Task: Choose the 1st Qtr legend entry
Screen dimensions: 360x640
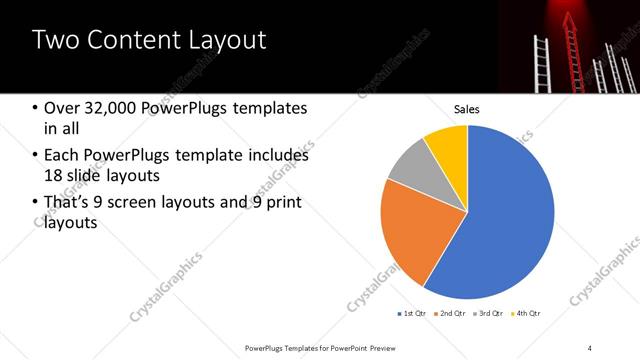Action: pos(411,314)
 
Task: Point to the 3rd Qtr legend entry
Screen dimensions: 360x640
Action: pos(487,314)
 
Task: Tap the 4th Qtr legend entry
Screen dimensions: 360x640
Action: pos(525,314)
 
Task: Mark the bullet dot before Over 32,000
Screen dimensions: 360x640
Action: pos(36,108)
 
